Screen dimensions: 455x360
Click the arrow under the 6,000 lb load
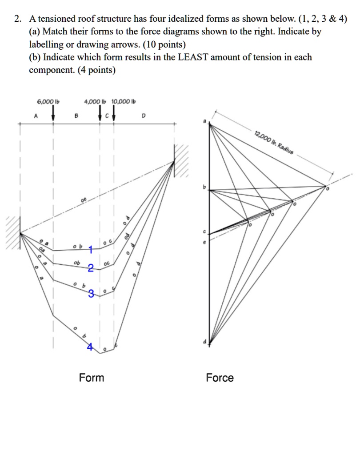tap(53, 112)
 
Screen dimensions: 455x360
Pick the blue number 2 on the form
tap(91, 267)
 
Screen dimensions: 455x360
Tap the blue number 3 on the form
tap(91, 293)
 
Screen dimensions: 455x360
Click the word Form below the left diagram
tap(92, 378)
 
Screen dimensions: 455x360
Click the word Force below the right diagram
tap(220, 378)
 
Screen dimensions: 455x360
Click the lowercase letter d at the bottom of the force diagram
tap(205, 341)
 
